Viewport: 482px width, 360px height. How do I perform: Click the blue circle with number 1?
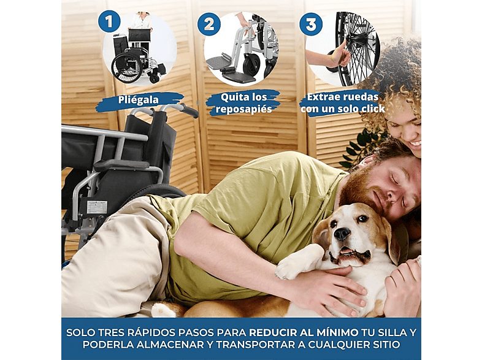click(x=109, y=23)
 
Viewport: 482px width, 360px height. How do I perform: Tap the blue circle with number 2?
click(x=210, y=24)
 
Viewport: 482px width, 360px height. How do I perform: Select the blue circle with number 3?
click(x=311, y=25)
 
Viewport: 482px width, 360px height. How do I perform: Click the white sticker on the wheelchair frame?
click(x=96, y=207)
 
